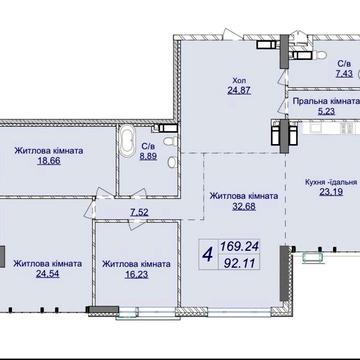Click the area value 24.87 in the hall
tap(239, 90)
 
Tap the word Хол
tap(238, 81)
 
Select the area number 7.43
tap(344, 73)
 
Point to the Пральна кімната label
tap(326, 101)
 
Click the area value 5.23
tap(327, 111)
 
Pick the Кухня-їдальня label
tap(331, 182)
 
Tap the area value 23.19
tap(331, 192)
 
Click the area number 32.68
tap(244, 206)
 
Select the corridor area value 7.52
tap(139, 212)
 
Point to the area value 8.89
tap(148, 156)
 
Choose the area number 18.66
tap(49, 161)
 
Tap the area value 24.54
tap(48, 274)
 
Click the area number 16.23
tap(137, 274)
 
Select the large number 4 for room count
tap(208, 256)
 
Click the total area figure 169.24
tap(239, 247)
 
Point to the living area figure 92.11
tap(239, 263)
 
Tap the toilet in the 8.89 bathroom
tap(171, 141)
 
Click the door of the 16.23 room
tap(136, 224)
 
